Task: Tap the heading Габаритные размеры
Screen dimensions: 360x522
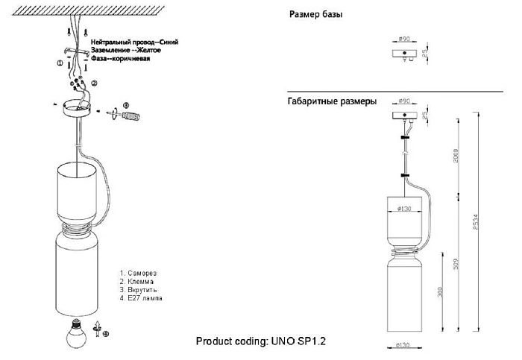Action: [x=331, y=101]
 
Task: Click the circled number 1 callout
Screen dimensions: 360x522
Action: [x=60, y=65]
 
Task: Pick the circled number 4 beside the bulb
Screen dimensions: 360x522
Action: [x=105, y=334]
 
